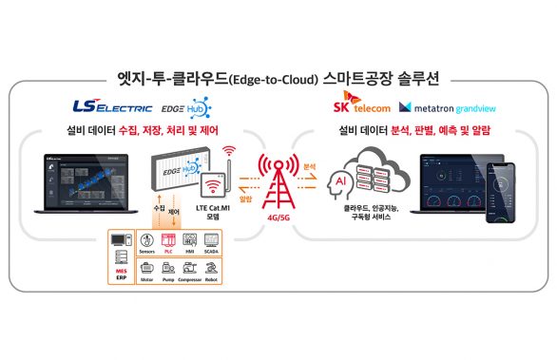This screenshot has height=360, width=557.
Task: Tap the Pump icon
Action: click(x=168, y=271)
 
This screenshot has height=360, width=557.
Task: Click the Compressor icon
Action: click(x=190, y=271)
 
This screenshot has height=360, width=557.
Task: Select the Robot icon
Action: click(x=212, y=271)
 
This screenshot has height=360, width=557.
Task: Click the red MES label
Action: click(x=121, y=271)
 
